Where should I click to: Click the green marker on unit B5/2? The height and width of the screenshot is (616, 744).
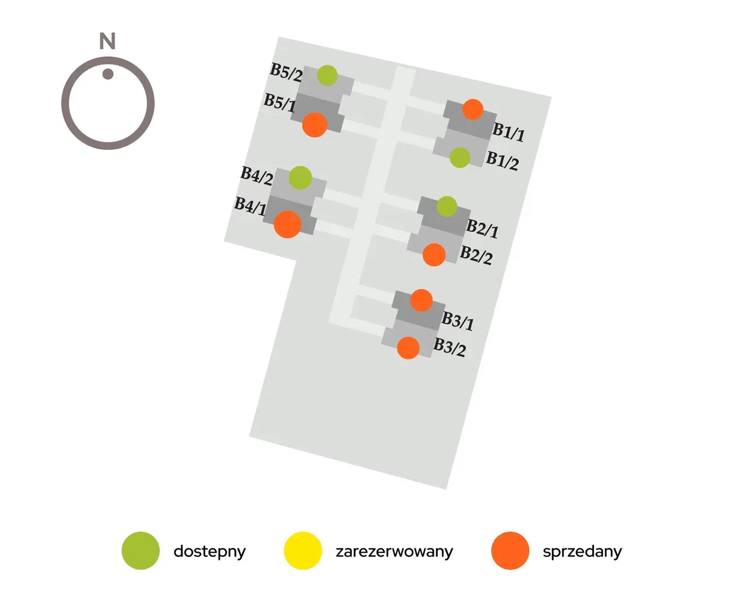[327, 75]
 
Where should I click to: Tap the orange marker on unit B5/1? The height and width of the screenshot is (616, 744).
[314, 125]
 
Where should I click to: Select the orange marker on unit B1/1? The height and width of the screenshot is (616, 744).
[473, 109]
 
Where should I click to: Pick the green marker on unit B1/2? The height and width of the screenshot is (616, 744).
[460, 158]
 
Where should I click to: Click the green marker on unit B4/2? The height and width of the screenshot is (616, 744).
[300, 178]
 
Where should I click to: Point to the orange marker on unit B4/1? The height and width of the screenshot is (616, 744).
[287, 224]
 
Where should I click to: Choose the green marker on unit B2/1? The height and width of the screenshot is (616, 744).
[447, 206]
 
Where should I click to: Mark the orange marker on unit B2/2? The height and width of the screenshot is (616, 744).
[434, 255]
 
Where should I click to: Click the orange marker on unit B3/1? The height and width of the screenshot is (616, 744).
[421, 300]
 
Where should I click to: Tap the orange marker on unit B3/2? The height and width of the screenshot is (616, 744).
[408, 347]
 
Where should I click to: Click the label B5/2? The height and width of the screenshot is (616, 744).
[286, 72]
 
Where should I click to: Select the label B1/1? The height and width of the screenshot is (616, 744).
[509, 132]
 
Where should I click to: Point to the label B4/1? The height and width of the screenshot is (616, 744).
[250, 206]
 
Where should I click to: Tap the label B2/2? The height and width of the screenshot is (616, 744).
[476, 255]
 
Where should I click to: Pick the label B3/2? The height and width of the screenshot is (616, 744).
[450, 347]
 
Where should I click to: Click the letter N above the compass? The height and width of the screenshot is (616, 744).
[107, 42]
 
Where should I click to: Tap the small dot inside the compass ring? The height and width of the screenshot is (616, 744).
[108, 74]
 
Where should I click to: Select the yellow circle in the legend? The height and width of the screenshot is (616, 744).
[303, 550]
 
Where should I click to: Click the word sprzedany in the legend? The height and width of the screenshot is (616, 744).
[582, 552]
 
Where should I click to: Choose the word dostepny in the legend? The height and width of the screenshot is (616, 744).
[209, 552]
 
